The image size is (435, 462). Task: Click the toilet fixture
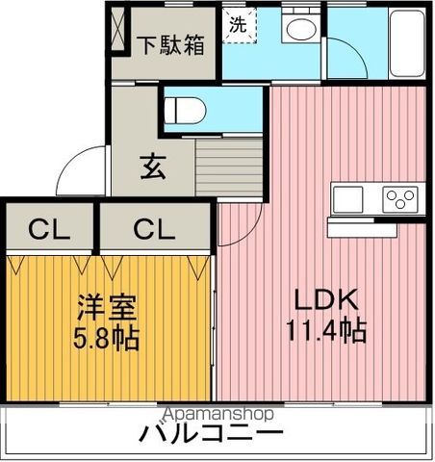tap(185, 111)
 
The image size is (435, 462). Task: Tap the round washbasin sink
tap(301, 29)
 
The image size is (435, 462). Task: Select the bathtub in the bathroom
tap(407, 43)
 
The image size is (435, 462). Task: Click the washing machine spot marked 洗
tap(239, 25)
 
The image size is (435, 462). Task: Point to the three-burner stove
tap(399, 199)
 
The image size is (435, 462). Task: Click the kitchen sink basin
tap(347, 199)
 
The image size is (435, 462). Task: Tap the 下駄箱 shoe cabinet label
tap(169, 45)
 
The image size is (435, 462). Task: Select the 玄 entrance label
tap(153, 167)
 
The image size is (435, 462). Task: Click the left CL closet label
tap(49, 229)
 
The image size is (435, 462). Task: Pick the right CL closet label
tap(154, 229)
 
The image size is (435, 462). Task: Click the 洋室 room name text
tap(106, 308)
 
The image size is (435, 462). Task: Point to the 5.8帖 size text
tap(106, 339)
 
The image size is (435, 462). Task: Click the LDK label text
tap(325, 299)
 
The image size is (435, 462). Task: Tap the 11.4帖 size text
tap(326, 330)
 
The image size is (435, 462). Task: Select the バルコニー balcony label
tap(211, 433)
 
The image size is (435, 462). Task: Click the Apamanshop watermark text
tap(218, 414)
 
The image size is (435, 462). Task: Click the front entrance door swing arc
tap(69, 159)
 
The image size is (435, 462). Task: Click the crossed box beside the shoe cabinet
tap(117, 29)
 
